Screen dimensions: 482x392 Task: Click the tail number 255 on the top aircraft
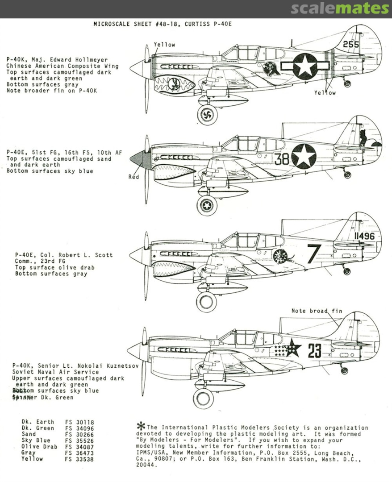tap(351, 44)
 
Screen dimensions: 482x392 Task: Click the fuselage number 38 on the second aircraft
tap(282, 159)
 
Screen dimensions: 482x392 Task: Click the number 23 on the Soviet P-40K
tap(314, 351)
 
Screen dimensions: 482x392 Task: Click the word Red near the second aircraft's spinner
tap(133, 177)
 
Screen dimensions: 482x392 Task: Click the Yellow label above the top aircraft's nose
tap(164, 45)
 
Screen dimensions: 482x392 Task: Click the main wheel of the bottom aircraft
tap(203, 398)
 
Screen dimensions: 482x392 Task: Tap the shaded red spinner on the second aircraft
tap(140, 159)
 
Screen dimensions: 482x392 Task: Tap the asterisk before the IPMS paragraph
tap(141, 426)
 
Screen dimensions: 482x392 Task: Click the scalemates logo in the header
tap(340, 8)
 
